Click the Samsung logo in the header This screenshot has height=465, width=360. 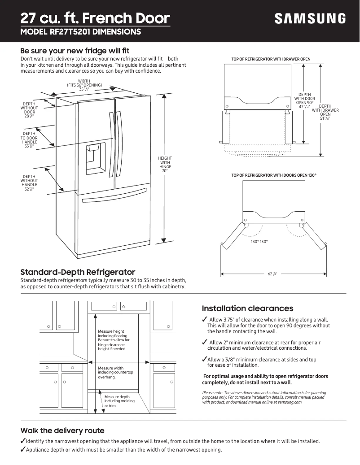coord(310,18)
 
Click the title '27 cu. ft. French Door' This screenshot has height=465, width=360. coord(95,18)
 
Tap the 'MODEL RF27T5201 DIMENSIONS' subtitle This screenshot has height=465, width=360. coord(81,32)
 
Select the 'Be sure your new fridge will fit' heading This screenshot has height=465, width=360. coord(75,51)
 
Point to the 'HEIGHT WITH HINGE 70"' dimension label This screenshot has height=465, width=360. coord(164,165)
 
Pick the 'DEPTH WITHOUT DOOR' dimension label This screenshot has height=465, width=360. coord(30,110)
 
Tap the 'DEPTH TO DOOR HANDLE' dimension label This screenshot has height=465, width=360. coord(30,139)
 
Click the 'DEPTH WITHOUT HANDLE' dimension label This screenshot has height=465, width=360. coord(30,183)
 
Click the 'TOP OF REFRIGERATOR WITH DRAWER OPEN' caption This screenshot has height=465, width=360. coord(271,59)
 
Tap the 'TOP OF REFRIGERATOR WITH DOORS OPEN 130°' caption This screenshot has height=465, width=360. coord(274,175)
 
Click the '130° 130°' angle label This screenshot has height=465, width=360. coord(259,242)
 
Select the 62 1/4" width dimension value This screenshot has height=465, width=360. coord(272,274)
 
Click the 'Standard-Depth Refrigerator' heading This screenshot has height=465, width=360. coord(78,272)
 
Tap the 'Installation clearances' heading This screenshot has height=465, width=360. coord(247,309)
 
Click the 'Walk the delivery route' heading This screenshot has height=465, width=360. coord(62,430)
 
